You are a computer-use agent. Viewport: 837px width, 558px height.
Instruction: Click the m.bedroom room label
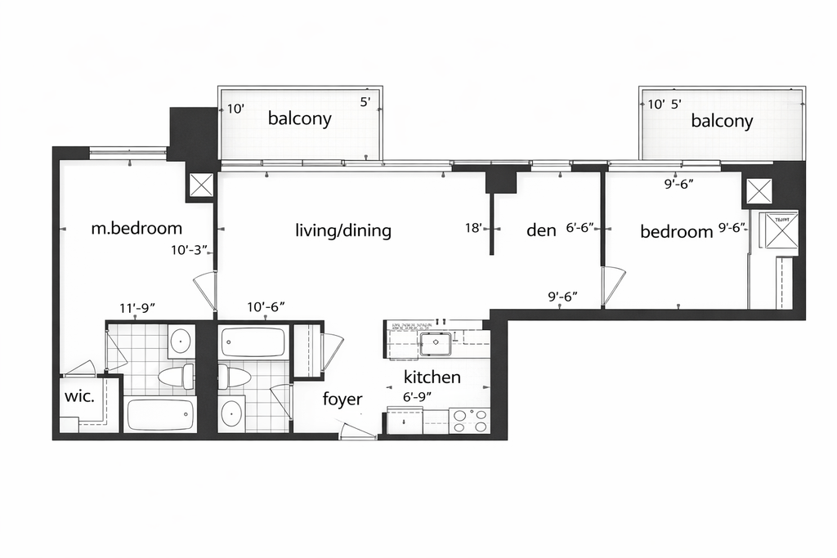click(x=136, y=229)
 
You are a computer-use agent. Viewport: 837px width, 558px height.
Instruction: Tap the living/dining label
click(x=343, y=231)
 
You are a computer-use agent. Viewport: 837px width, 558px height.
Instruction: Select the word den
click(x=541, y=231)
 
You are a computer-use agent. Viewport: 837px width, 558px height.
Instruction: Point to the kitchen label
click(x=432, y=377)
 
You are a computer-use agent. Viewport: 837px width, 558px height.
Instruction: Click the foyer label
click(x=342, y=399)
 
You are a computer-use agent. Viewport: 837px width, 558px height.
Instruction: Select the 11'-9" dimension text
click(x=137, y=308)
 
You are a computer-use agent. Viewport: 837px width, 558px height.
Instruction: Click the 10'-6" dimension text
click(x=265, y=307)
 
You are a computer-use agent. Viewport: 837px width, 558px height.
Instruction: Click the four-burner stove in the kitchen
click(x=470, y=420)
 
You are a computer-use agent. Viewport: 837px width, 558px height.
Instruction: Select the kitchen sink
click(x=435, y=343)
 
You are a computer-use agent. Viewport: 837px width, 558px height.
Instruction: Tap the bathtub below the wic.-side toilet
click(x=160, y=414)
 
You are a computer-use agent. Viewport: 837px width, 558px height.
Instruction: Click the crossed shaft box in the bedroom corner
click(x=756, y=194)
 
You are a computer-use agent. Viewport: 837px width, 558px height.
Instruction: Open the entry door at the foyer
click(x=358, y=431)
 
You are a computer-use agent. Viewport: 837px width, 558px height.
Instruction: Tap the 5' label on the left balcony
click(x=365, y=103)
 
